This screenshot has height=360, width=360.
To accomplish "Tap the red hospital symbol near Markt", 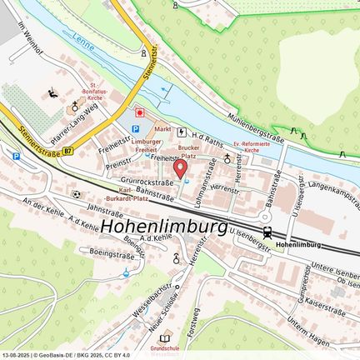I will click(x=140, y=111).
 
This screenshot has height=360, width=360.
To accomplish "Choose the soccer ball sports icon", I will click(x=77, y=194).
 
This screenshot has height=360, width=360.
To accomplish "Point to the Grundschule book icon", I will click(x=166, y=338).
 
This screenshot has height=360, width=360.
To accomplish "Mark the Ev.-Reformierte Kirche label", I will click(x=252, y=147).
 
